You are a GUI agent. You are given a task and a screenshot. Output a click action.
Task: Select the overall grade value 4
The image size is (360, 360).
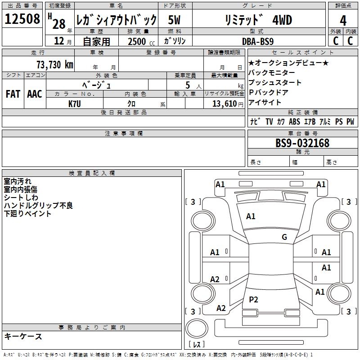tap(343, 20)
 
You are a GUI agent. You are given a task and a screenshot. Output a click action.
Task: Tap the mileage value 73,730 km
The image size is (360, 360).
tap(54, 64)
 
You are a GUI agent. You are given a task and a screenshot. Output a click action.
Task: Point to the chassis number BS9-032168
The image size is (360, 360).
tap(302, 143)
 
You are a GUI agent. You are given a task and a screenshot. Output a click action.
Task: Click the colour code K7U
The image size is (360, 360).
tap(75, 103)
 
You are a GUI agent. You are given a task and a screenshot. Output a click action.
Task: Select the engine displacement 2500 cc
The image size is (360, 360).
tap(138, 41)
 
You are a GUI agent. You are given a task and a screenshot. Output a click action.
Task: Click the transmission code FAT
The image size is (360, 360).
tap(13, 94)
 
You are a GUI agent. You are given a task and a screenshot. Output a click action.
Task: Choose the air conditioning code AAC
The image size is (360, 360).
tap(35, 94)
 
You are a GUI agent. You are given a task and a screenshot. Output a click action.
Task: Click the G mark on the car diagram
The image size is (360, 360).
tap(284, 237)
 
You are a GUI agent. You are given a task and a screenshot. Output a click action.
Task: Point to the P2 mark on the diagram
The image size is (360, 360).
tap(253, 299)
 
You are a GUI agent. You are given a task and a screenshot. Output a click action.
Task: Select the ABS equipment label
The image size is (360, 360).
tap(294, 121)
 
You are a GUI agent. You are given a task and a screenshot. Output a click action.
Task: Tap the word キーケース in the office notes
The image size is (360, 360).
tap(23, 336)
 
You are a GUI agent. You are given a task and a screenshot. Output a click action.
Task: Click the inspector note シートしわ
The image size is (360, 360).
tap(21, 198)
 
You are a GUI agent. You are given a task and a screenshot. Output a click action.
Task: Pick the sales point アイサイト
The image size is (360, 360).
tap(265, 102)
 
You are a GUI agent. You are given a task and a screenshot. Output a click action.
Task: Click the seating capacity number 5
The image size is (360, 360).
tap(186, 85)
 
